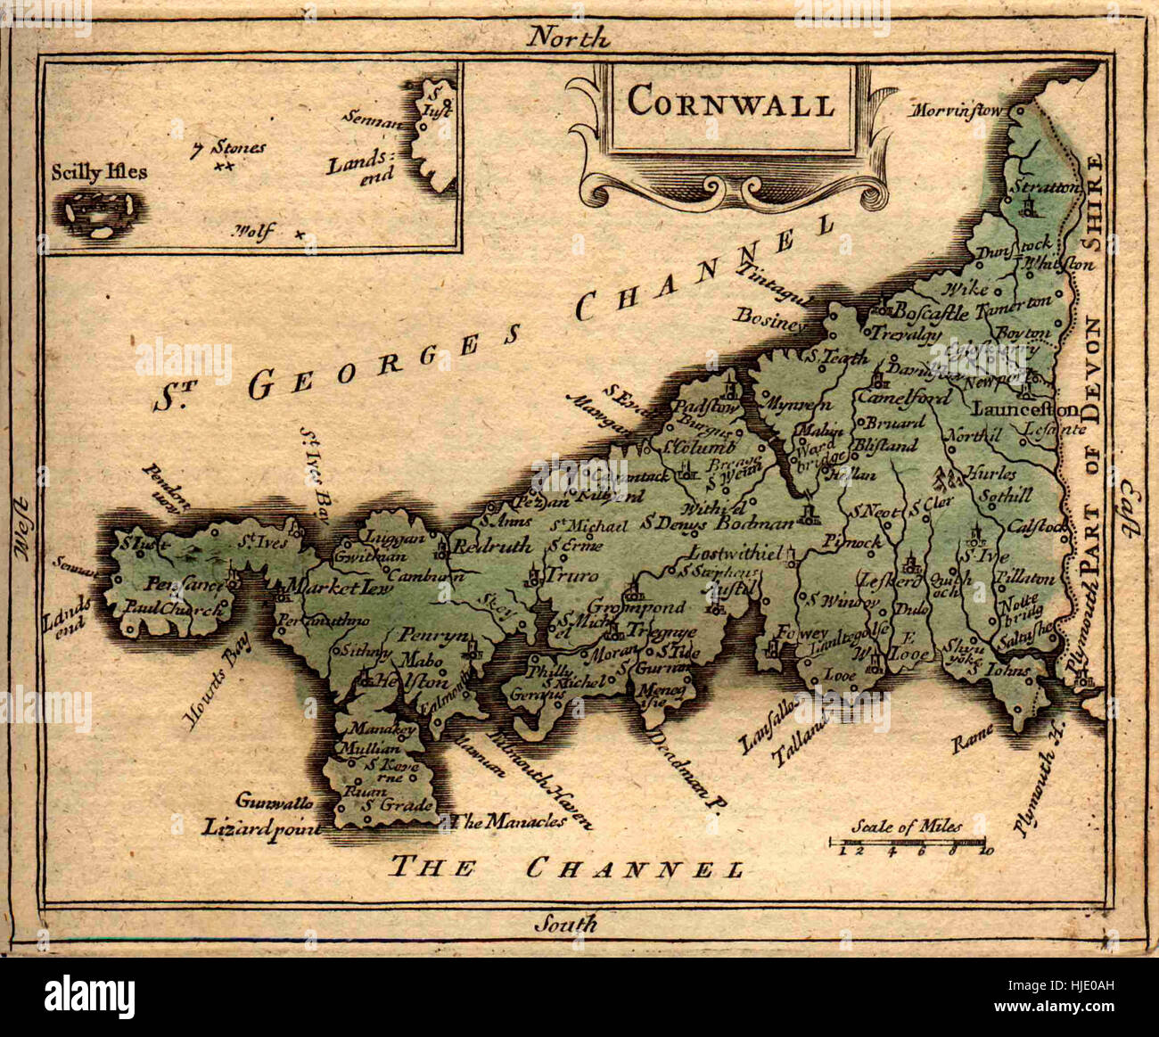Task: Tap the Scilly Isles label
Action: pyautogui.click(x=99, y=172)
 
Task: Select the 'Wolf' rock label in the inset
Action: pyautogui.click(x=253, y=232)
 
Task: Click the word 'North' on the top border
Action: pyautogui.click(x=567, y=37)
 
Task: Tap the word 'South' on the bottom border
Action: pyautogui.click(x=565, y=923)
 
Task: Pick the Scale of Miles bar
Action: pyautogui.click(x=908, y=842)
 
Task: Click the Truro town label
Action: pyautogui.click(x=571, y=576)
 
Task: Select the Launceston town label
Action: pyautogui.click(x=1024, y=410)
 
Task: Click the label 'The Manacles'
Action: pyautogui.click(x=510, y=821)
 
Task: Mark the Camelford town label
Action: pyautogui.click(x=904, y=398)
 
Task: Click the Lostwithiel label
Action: pyautogui.click(x=722, y=552)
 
